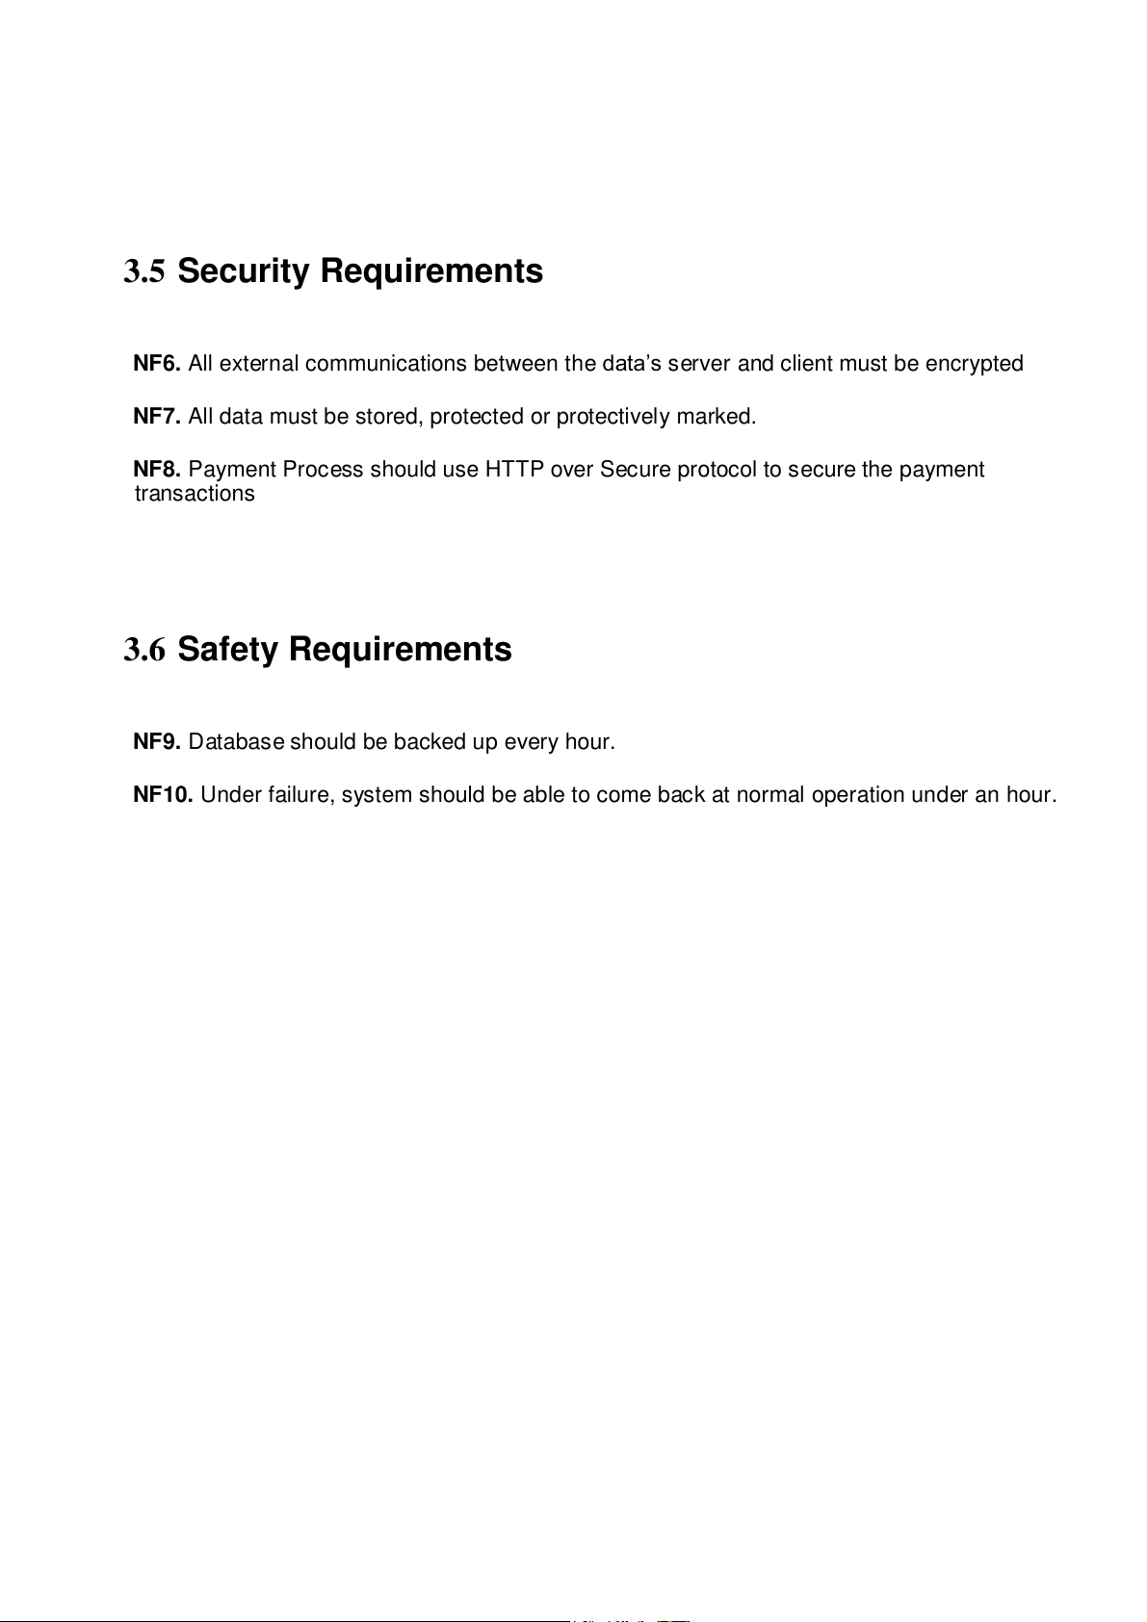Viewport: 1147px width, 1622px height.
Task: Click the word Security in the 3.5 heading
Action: click(244, 271)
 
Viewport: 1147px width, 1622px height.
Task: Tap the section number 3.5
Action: click(144, 272)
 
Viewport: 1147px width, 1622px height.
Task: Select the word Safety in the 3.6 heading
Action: click(227, 650)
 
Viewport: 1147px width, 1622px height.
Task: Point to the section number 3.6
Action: click(144, 651)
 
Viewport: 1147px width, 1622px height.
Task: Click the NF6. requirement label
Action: click(157, 364)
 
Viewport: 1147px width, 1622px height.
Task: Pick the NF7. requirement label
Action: click(157, 417)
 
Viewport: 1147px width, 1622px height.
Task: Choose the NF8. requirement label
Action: click(157, 470)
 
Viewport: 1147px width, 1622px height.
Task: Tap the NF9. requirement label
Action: click(157, 742)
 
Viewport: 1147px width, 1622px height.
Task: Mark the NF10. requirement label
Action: click(163, 795)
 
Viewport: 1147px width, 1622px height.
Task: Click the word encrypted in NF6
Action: click(974, 364)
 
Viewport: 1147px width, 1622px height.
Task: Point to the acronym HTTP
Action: click(514, 470)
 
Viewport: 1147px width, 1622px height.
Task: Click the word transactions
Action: click(195, 494)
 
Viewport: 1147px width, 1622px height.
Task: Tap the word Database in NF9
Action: click(236, 742)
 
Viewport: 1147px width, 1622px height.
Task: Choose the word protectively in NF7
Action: click(613, 417)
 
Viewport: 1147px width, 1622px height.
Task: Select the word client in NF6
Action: click(806, 364)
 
